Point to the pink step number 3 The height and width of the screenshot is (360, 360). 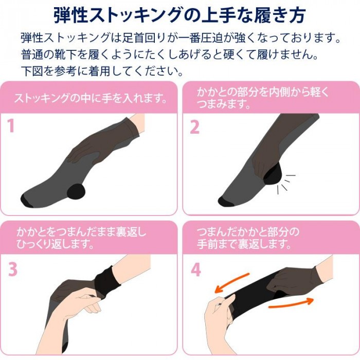13,269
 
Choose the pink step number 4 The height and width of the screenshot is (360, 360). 195,269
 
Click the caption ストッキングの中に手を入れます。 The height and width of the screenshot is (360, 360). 92,98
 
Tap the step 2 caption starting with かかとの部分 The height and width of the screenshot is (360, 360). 262,98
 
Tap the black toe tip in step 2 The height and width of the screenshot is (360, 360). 227,200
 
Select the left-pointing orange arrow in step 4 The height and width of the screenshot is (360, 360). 231,284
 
